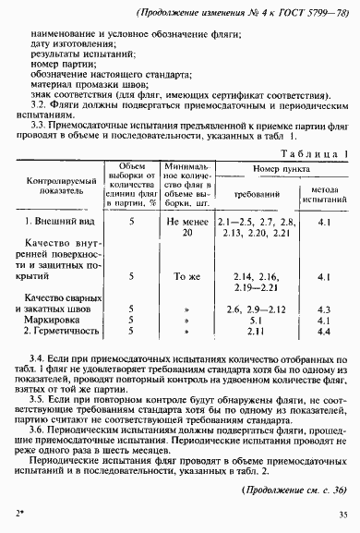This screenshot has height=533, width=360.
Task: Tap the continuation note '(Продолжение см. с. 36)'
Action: [294, 490]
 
